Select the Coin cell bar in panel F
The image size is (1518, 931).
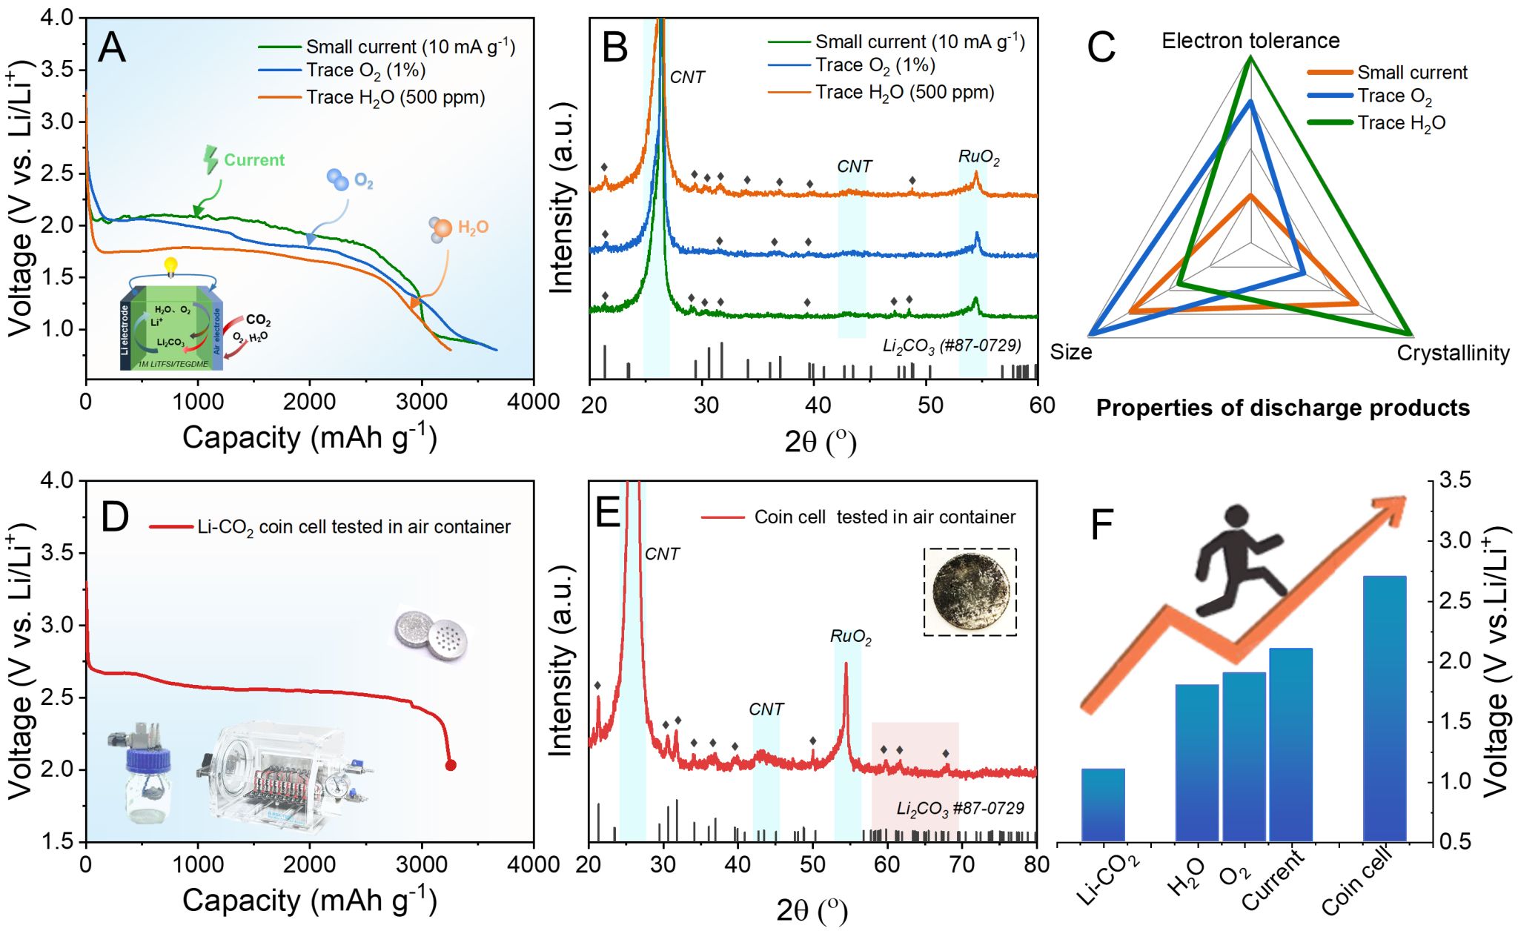tap(1384, 708)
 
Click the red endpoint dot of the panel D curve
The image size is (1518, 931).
tap(450, 765)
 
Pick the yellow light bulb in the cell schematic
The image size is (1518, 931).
tap(171, 265)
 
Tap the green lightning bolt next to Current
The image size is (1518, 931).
tap(211, 159)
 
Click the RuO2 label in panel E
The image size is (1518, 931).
tap(850, 637)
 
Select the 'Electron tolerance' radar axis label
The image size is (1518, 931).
tap(1250, 41)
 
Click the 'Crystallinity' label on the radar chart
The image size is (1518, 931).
tap(1453, 354)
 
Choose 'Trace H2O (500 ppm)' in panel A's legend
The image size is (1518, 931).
tap(395, 98)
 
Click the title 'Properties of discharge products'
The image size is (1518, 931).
tap(1282, 408)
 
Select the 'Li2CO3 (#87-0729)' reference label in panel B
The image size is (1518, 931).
tap(951, 345)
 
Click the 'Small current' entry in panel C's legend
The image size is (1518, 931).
tap(1411, 73)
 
